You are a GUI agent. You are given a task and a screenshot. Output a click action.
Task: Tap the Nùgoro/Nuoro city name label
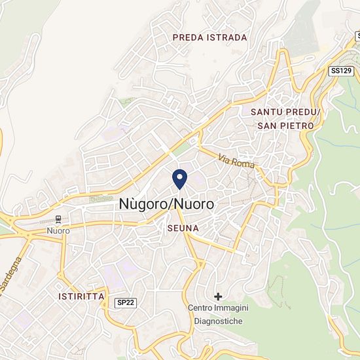(x=167, y=204)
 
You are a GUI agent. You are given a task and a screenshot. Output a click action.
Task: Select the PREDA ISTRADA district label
(x=209, y=37)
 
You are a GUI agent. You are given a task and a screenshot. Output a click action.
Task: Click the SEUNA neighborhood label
(x=183, y=228)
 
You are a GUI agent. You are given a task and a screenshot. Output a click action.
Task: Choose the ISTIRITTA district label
(x=81, y=296)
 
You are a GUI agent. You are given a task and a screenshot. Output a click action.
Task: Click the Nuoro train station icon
(x=58, y=219)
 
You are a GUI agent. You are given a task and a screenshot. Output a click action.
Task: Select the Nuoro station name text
(x=58, y=230)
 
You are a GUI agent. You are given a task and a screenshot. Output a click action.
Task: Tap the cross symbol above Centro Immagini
(x=219, y=297)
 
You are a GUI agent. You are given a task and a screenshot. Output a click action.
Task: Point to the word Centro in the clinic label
(x=200, y=308)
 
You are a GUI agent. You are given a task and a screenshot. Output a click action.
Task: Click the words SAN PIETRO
(x=284, y=124)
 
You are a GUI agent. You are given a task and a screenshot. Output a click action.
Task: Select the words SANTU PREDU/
(x=284, y=112)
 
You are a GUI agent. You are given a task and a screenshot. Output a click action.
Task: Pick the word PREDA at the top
(x=187, y=37)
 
